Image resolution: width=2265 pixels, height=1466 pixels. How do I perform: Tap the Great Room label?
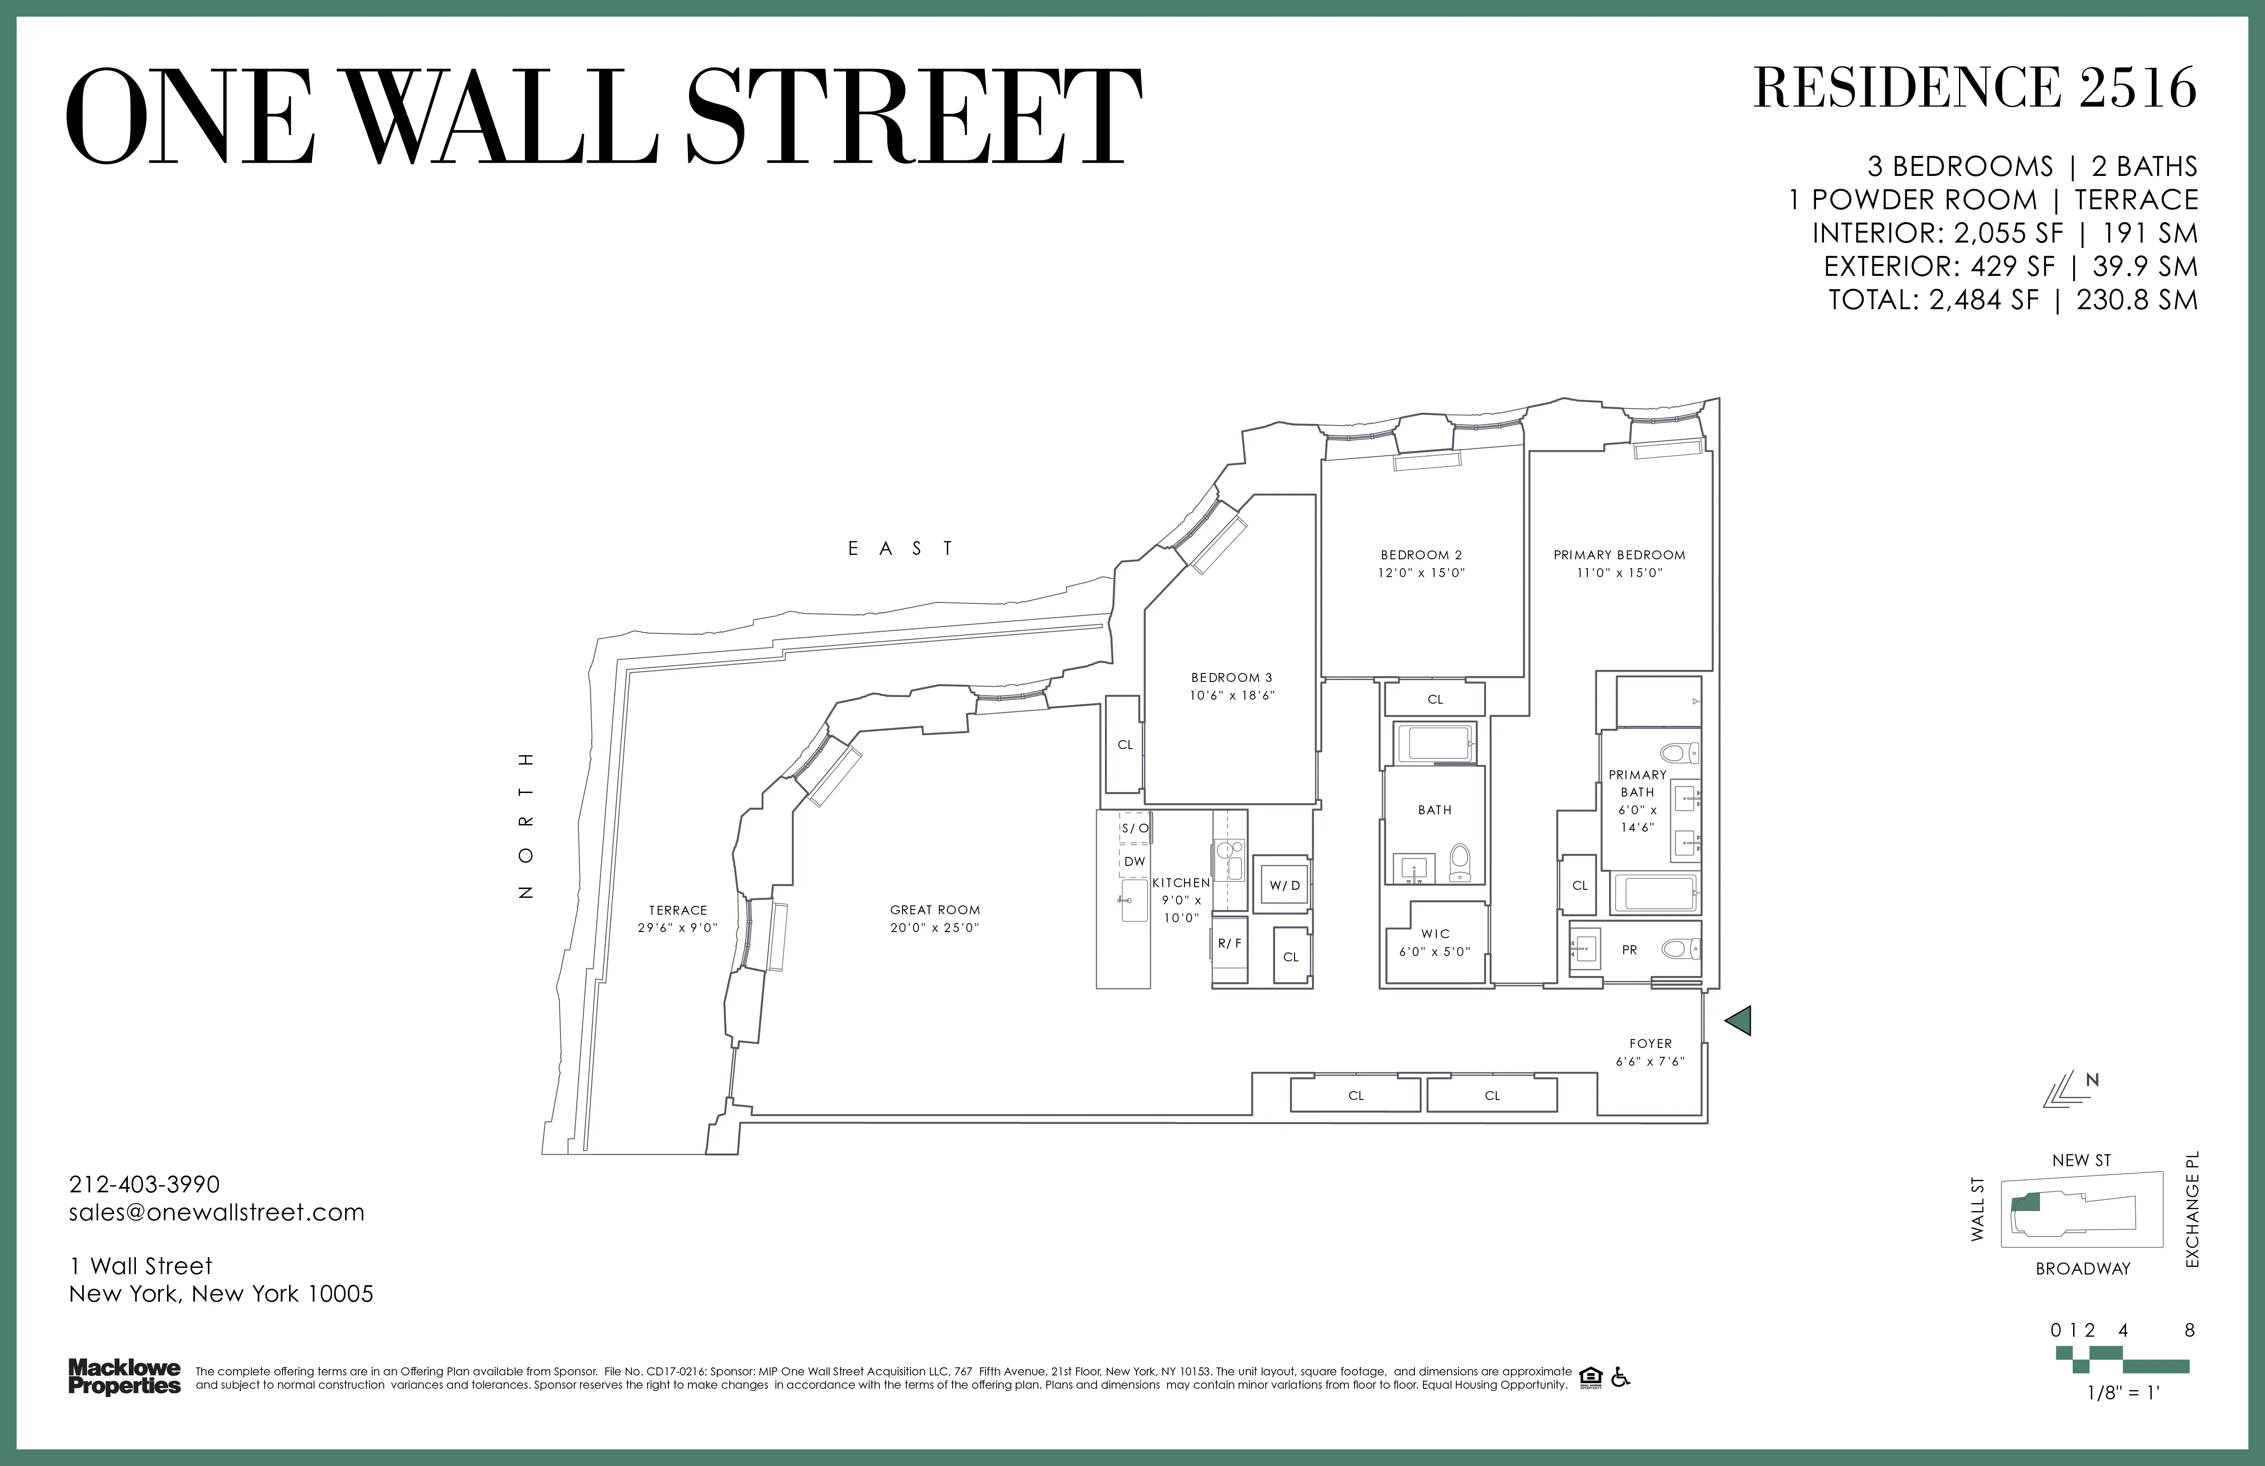coord(934,910)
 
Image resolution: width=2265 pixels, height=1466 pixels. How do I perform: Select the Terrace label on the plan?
coord(678,910)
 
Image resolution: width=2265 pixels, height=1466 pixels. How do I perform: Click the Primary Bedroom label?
coord(1619,555)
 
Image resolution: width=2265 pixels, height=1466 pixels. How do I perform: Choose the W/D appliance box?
coord(1284,885)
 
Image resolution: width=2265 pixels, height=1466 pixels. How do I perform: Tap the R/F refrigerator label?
coord(1230,944)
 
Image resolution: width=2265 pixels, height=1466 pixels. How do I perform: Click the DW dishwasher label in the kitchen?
coord(1134,861)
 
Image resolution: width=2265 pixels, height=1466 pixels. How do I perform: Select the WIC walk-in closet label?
coord(1435,934)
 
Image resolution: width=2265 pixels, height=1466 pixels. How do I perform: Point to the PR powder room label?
coord(1629,950)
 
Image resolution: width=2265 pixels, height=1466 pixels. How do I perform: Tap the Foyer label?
coord(1650,1044)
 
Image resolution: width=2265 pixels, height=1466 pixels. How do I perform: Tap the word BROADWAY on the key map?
coord(2082,1269)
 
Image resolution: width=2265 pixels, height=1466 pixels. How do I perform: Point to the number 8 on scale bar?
coord(2189,1331)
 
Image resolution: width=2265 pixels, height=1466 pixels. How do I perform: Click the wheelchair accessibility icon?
coord(1621,1378)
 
